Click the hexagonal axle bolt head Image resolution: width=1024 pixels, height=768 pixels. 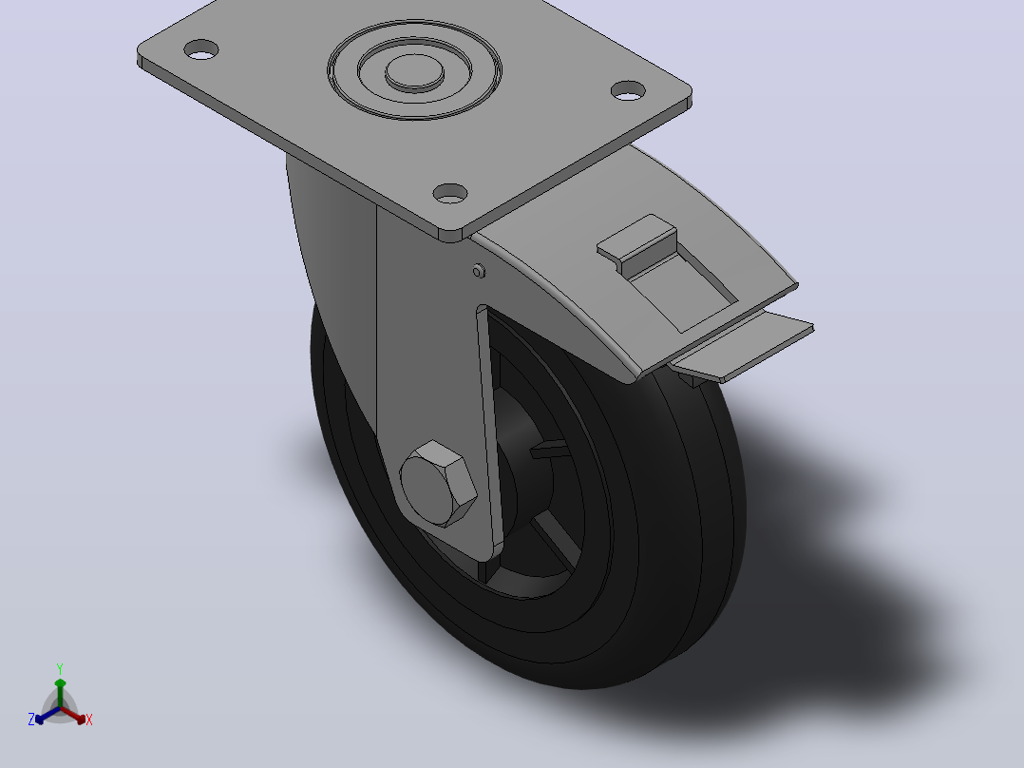tap(438, 485)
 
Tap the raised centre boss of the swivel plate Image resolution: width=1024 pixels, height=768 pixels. tap(415, 71)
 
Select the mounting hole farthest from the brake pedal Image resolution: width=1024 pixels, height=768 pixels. tap(201, 49)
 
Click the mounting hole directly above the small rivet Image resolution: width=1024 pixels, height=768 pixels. tap(450, 194)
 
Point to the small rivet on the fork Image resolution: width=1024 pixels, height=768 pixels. tap(479, 271)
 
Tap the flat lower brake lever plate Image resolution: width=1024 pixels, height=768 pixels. tap(745, 346)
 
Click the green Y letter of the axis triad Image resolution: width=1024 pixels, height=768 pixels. tap(60, 669)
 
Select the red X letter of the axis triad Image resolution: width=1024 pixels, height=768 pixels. tap(89, 720)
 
